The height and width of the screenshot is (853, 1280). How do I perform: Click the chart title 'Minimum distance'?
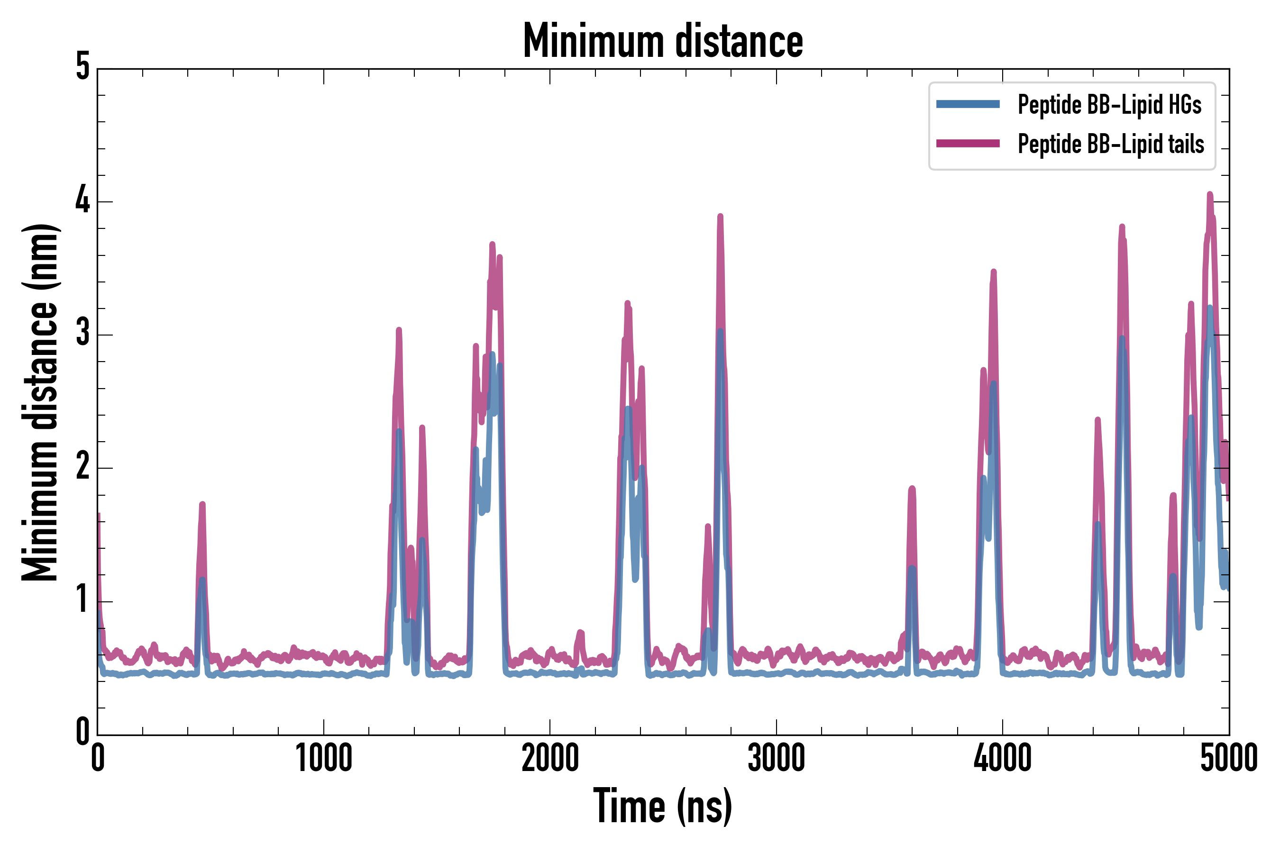pos(662,41)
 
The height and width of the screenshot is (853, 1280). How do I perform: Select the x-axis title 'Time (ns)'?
pos(662,806)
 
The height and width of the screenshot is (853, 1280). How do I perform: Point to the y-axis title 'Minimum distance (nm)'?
pos(39,402)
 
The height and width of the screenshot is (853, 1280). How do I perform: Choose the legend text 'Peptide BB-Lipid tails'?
pos(1111,144)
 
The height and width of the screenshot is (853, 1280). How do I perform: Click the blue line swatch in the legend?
pos(968,104)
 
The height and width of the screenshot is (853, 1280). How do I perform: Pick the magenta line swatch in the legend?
pos(968,144)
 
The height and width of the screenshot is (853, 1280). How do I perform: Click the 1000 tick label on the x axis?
pos(324,758)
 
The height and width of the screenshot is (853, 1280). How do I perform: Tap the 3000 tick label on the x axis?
pos(776,758)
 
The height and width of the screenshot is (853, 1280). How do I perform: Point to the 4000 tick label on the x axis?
pos(1003,758)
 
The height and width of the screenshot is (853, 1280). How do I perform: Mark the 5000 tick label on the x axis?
pos(1229,758)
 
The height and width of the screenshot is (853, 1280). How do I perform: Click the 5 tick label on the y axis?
pos(82,67)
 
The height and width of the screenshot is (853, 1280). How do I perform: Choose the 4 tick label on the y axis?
pos(82,200)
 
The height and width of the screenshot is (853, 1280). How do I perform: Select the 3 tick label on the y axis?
pos(82,333)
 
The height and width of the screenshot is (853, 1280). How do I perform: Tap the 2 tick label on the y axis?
pos(82,466)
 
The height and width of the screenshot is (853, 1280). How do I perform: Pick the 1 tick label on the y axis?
pos(82,599)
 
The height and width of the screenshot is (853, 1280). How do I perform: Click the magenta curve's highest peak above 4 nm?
pos(1210,194)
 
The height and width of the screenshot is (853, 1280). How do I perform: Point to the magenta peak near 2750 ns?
pos(721,217)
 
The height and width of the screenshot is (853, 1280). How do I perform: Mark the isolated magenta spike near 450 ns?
pos(202,504)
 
